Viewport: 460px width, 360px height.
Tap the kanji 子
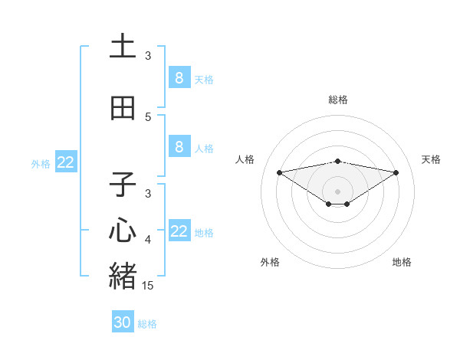123,185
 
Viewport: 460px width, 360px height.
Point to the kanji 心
123,231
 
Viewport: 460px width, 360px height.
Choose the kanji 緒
123,275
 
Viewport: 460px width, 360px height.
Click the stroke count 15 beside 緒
149,285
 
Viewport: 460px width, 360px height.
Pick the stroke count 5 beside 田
148,117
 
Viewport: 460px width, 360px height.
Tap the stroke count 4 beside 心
148,241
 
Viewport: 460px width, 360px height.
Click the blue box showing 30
123,322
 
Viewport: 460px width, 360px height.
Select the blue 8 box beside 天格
179,77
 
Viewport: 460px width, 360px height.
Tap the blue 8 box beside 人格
179,147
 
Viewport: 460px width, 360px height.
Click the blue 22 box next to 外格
66,162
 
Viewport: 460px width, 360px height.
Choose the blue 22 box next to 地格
179,231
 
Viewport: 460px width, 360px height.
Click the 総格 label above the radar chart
337,100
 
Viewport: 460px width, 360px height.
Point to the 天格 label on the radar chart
432,159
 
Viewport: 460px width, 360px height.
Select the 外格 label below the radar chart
270,262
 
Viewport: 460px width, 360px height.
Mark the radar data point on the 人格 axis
279,172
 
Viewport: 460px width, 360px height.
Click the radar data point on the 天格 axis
396,172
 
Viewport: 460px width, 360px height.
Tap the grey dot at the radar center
337,191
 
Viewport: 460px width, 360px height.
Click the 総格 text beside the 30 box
147,324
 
